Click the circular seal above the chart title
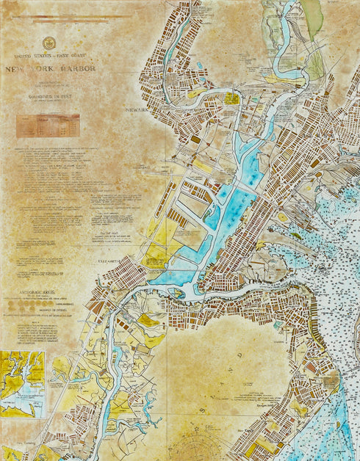click(x=49, y=43)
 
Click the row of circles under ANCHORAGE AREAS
click(x=44, y=306)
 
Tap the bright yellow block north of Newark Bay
click(x=232, y=98)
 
